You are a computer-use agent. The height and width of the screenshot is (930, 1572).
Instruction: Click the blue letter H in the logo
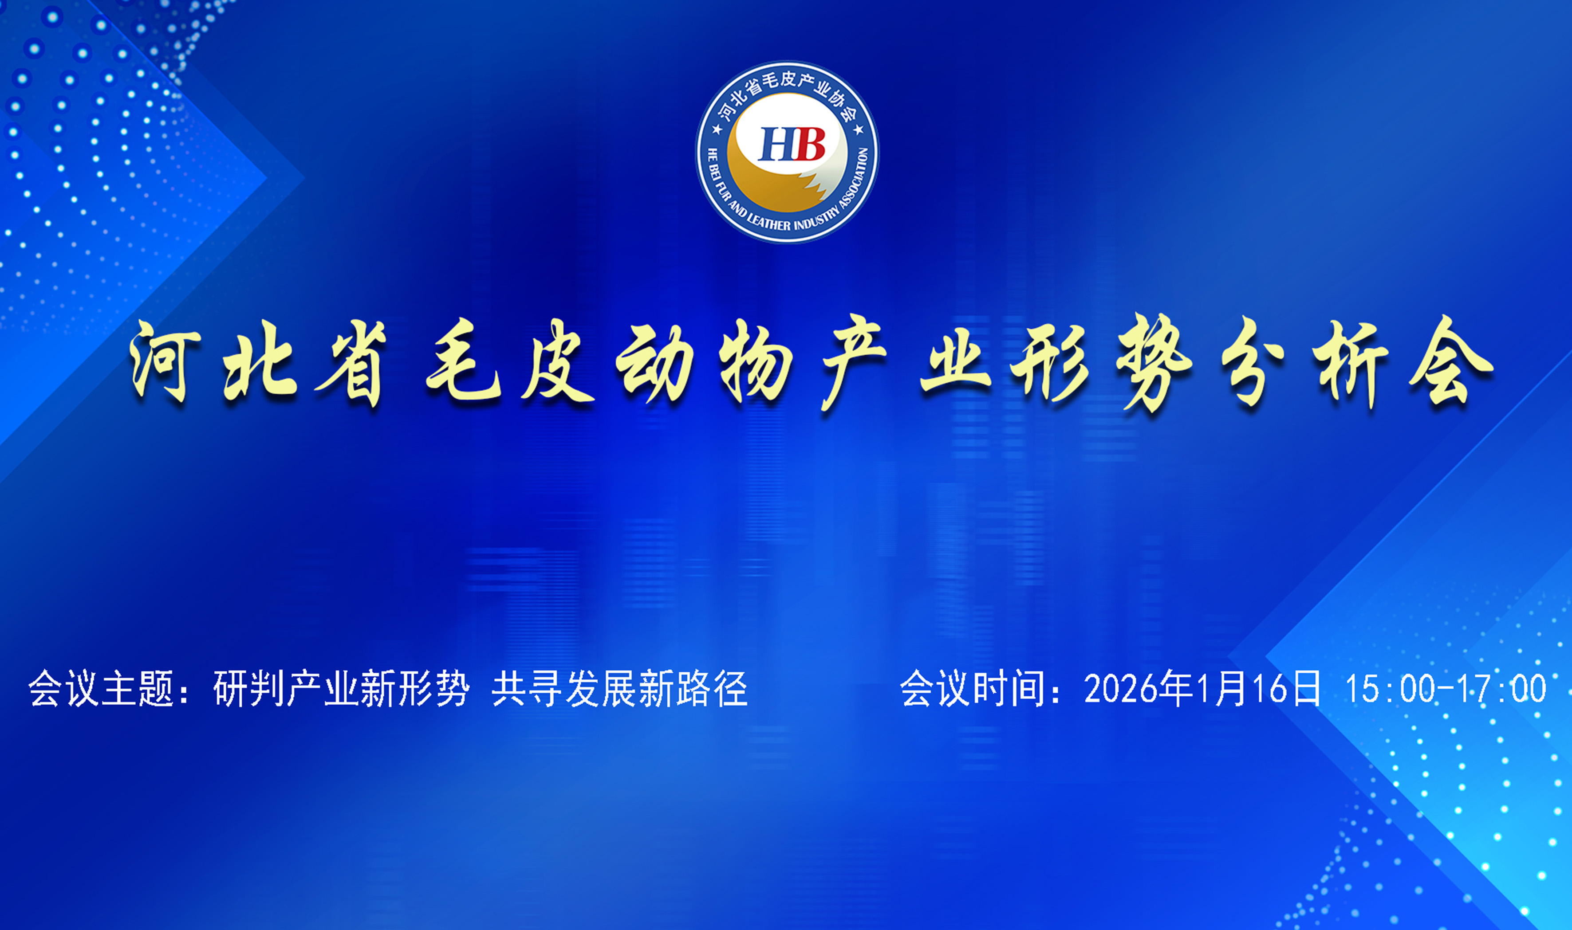point(776,144)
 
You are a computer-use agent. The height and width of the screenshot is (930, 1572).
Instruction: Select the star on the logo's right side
point(858,130)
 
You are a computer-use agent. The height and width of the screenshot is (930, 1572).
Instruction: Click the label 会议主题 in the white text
point(102,689)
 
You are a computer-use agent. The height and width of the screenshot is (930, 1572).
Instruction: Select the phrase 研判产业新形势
point(342,689)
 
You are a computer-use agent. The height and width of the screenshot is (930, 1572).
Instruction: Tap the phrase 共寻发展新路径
point(619,689)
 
